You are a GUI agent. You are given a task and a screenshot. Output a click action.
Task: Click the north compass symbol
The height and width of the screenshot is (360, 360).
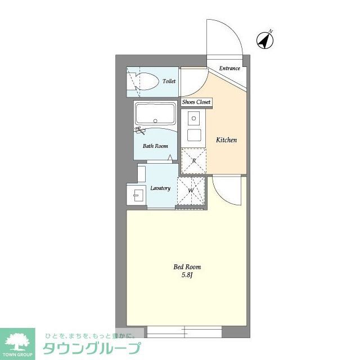tap(265, 39)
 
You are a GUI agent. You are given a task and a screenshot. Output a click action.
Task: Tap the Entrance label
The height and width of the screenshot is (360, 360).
tap(229, 69)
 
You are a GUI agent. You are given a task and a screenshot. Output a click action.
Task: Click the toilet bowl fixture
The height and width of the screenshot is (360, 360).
tap(146, 81)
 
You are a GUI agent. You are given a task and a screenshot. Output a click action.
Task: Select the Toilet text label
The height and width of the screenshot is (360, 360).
tap(169, 82)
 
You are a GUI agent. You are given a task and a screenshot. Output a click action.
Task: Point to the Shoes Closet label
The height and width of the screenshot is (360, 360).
tap(196, 102)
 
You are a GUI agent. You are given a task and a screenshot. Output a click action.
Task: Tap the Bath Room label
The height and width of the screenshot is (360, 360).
tap(155, 146)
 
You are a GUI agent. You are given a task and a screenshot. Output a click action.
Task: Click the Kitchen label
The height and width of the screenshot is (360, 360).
tap(227, 140)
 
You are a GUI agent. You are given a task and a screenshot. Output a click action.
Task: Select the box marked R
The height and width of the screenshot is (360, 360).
tap(193, 161)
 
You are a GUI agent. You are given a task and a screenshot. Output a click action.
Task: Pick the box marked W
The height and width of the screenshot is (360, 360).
tap(191, 191)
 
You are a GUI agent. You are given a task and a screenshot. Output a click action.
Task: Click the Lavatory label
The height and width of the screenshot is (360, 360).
tap(160, 188)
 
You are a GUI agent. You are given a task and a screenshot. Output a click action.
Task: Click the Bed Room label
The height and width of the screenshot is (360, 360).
tap(187, 267)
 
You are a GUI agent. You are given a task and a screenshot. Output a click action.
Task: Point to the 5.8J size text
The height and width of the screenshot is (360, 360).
tap(187, 276)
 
